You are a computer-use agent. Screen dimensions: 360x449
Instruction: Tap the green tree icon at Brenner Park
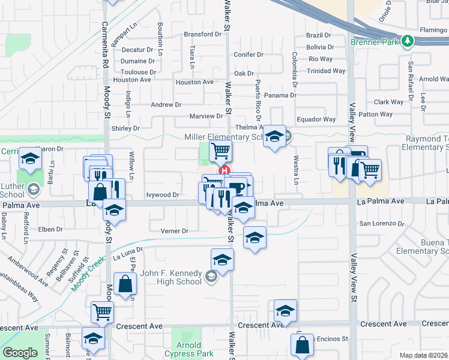point(408,41)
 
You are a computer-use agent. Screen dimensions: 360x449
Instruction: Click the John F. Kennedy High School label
point(170,277)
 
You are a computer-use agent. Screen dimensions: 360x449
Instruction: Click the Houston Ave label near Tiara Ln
point(194,82)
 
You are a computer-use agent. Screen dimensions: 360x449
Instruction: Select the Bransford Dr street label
point(202,35)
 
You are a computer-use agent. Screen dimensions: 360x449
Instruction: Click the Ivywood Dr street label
point(163,195)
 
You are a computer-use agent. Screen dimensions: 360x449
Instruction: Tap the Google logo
point(19,353)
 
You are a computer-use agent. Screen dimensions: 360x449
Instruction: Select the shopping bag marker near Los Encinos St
point(302,346)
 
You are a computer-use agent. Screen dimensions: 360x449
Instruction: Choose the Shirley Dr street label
point(125,128)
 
